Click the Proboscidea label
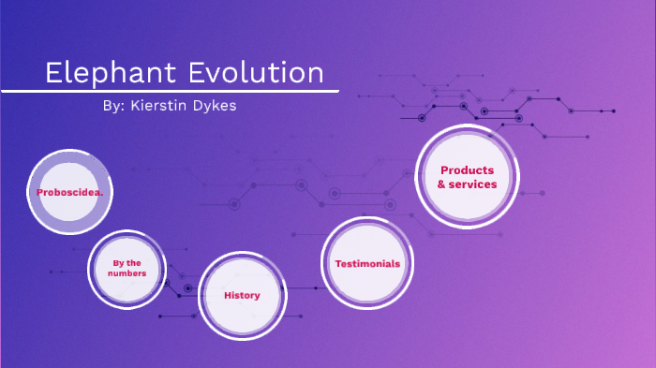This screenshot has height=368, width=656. (x=70, y=192)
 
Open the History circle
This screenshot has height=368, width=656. (x=242, y=296)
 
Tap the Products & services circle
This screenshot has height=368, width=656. (x=467, y=177)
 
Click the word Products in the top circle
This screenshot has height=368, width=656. (x=467, y=170)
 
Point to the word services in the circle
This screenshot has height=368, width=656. (x=473, y=184)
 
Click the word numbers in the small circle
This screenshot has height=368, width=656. (x=127, y=273)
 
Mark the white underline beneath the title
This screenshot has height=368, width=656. (x=169, y=91)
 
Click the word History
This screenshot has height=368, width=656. (x=242, y=296)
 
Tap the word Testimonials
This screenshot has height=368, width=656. (x=367, y=264)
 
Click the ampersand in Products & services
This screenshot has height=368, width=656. (x=441, y=184)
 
